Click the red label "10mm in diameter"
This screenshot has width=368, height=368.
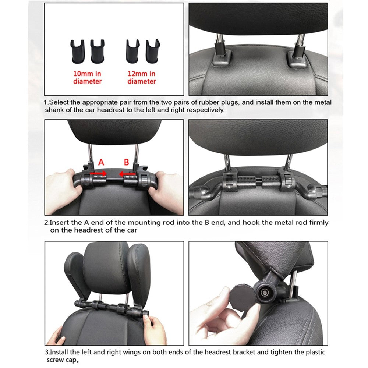tap(87, 78)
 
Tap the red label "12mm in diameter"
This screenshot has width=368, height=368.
tap(142, 78)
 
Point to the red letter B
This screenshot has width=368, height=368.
tap(126, 162)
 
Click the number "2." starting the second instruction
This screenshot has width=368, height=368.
tap(47, 223)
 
